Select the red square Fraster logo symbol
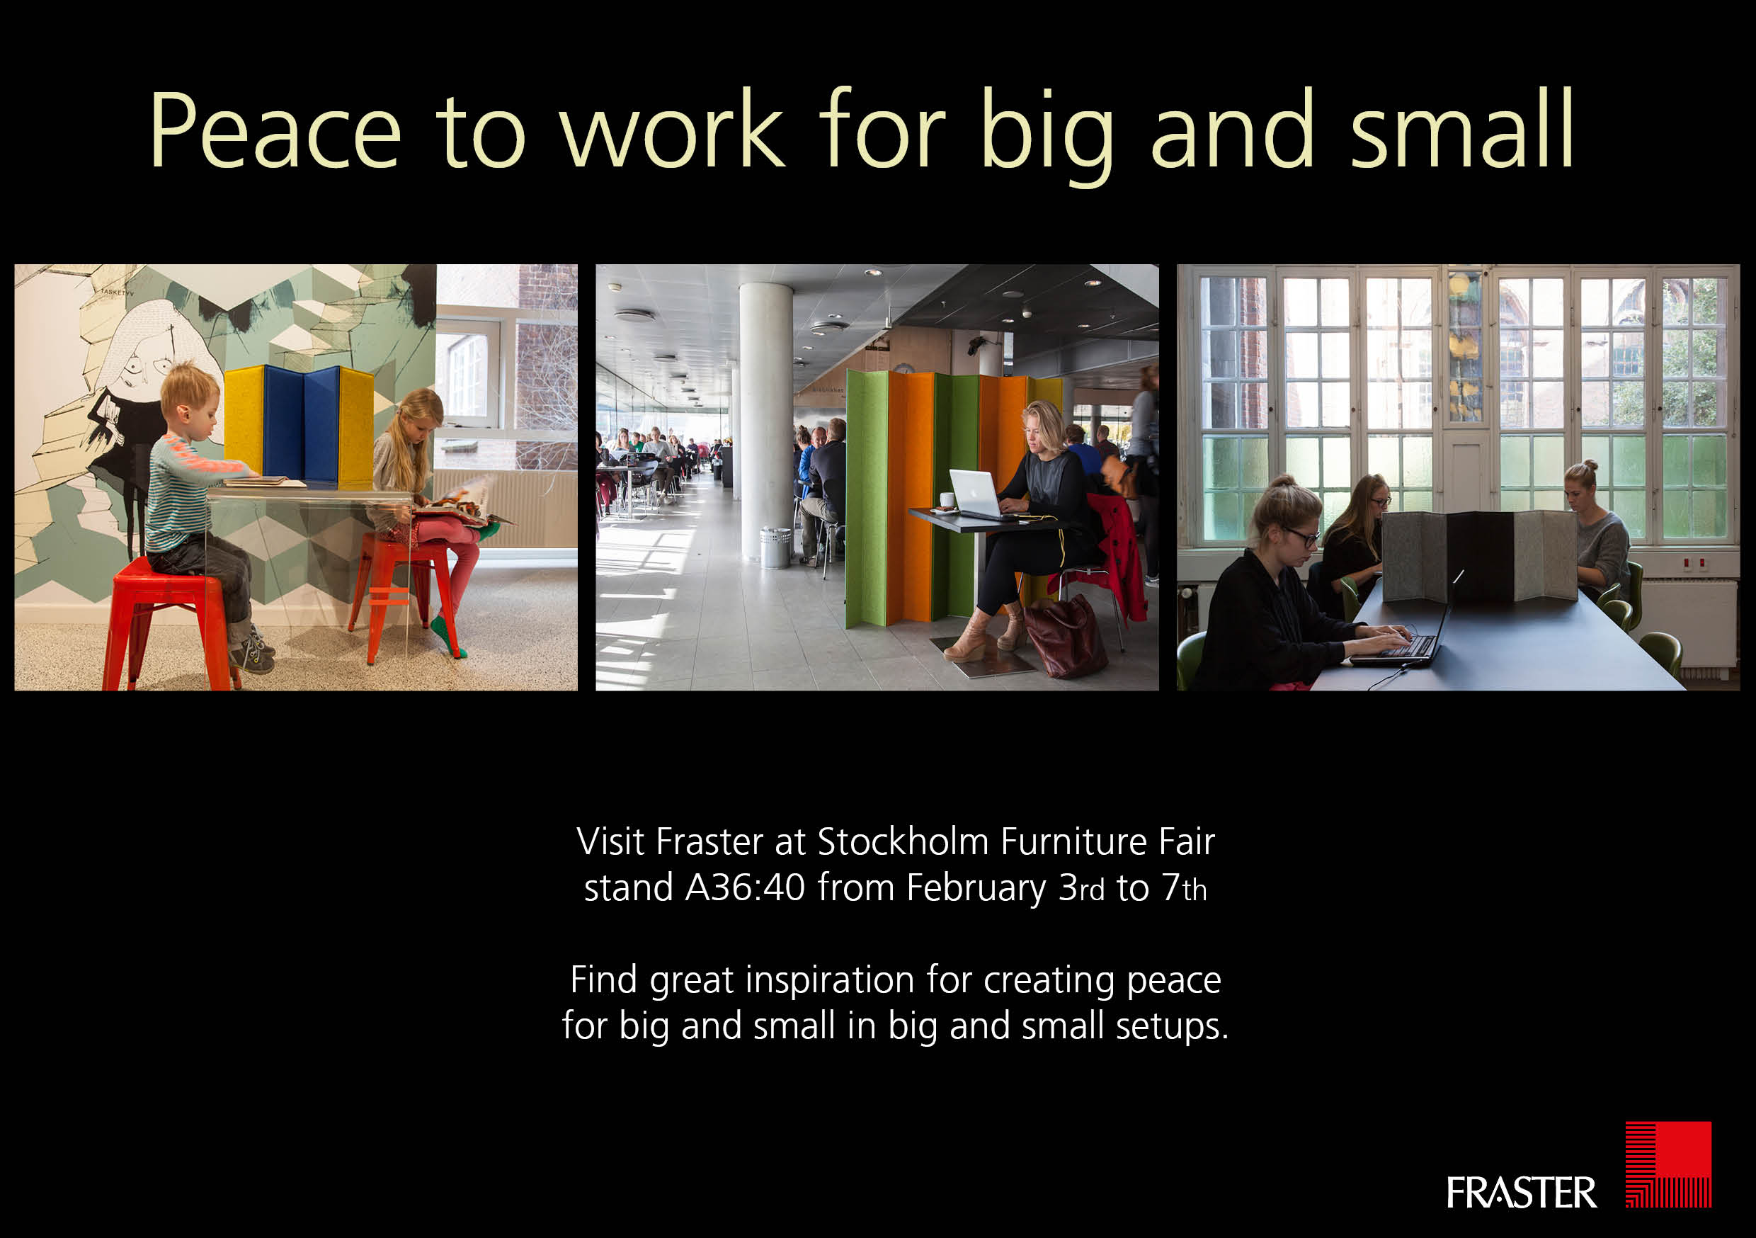[x=1668, y=1164]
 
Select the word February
[x=976, y=890]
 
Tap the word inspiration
[x=830, y=981]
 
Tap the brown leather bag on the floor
[x=1066, y=637]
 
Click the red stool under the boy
[x=164, y=623]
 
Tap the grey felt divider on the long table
[x=1478, y=554]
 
